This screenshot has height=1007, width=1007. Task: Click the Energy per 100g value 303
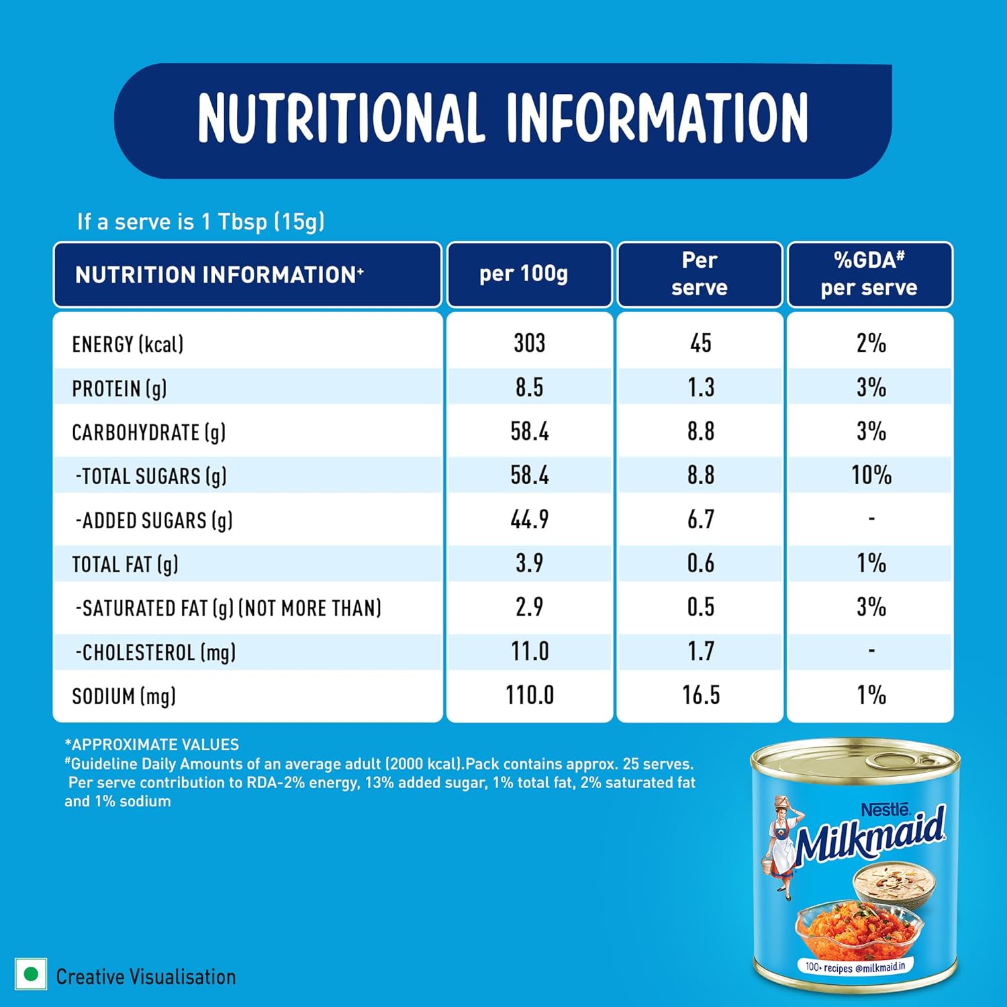click(529, 343)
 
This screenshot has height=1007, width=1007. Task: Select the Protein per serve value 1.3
click(700, 387)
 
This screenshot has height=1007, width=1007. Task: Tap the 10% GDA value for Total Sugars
click(871, 475)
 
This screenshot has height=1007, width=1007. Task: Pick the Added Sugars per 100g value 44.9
click(529, 519)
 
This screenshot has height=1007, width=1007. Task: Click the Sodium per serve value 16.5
click(700, 695)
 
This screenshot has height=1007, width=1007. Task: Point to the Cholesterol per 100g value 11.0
click(529, 651)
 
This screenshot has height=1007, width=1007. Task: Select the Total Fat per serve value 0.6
click(700, 563)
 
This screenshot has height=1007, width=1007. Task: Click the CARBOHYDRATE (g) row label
click(148, 432)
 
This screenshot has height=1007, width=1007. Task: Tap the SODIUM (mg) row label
click(124, 696)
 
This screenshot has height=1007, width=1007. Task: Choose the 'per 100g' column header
click(523, 274)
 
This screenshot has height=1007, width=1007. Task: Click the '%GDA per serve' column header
click(869, 274)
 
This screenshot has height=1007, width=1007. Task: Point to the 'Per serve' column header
click(700, 274)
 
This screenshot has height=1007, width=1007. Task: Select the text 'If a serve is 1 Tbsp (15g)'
click(201, 222)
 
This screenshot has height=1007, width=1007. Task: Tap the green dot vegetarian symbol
click(30, 974)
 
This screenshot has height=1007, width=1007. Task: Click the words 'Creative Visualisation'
click(146, 977)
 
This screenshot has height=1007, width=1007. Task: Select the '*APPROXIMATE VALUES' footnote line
click(152, 745)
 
